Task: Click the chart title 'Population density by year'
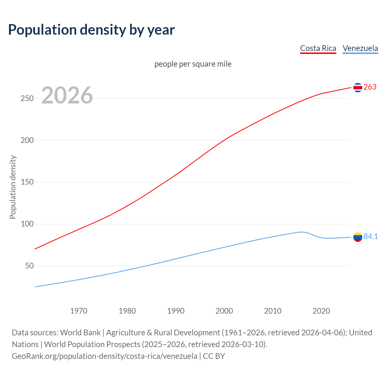click(x=91, y=30)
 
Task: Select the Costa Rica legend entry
click(x=318, y=49)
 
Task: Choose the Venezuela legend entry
click(x=360, y=49)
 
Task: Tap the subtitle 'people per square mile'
click(x=193, y=64)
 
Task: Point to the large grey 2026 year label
click(x=67, y=95)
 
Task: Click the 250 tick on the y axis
click(x=27, y=99)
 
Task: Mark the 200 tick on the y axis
click(x=27, y=141)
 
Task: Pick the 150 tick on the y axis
click(x=27, y=182)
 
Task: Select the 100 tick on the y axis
click(x=27, y=224)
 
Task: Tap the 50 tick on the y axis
click(x=29, y=266)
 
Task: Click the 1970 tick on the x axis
click(x=79, y=311)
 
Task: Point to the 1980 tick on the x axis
click(x=127, y=311)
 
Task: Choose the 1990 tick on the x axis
click(x=176, y=311)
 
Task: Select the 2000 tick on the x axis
click(x=224, y=311)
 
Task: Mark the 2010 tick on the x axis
click(x=273, y=311)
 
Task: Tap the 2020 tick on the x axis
click(x=321, y=311)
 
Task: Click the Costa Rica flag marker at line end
click(x=358, y=87)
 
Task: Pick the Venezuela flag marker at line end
click(x=358, y=237)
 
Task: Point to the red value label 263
click(x=370, y=87)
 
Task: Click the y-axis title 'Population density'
click(x=13, y=187)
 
